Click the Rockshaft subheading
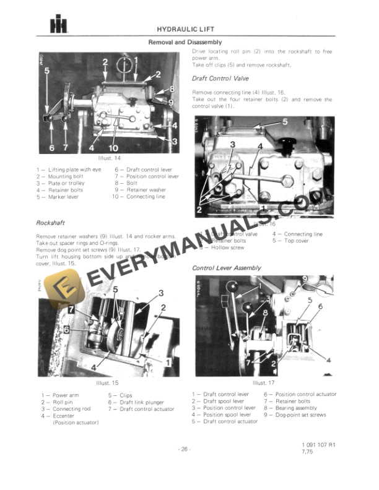click(x=52, y=221)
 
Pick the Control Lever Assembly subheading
click(x=227, y=268)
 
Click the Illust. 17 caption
click(x=263, y=384)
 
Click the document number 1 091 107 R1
click(x=318, y=445)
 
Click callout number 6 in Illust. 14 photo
click(x=51, y=148)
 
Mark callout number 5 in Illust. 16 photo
click(x=285, y=122)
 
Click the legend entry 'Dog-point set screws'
click(x=301, y=415)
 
